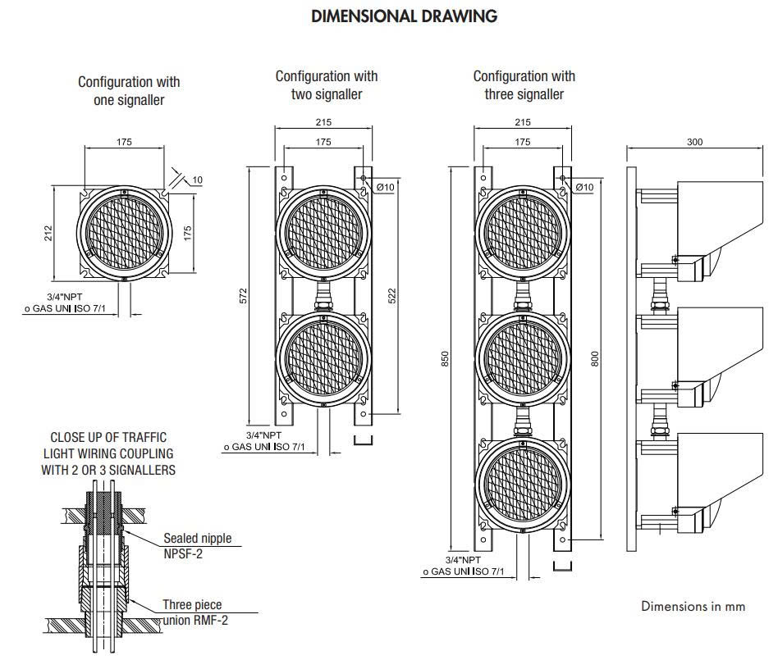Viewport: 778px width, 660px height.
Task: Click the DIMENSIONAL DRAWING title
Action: pos(404,16)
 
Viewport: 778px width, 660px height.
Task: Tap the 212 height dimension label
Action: pos(48,233)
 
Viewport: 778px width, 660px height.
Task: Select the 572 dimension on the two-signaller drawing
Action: pos(243,296)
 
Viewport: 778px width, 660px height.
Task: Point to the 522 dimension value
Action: pos(392,296)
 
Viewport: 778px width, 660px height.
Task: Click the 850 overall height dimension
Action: pos(445,359)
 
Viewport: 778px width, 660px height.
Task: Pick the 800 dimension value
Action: pos(595,359)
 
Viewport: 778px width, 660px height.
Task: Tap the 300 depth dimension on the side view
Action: pos(694,142)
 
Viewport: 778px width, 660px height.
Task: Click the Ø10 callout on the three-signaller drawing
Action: pos(584,187)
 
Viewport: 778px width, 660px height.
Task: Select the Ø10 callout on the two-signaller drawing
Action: pos(386,187)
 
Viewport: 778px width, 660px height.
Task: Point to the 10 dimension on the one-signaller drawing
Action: pos(198,180)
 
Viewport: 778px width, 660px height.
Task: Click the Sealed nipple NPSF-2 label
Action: pos(198,546)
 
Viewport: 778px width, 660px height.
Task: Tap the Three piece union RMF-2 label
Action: pos(195,612)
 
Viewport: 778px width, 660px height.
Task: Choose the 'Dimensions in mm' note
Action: pos(693,606)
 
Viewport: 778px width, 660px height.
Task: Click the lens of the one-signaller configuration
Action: pos(124,233)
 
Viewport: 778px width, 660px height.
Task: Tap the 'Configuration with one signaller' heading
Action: pos(129,91)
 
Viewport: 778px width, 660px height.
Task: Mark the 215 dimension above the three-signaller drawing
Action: pos(523,122)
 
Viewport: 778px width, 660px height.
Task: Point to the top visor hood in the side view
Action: pos(720,218)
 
